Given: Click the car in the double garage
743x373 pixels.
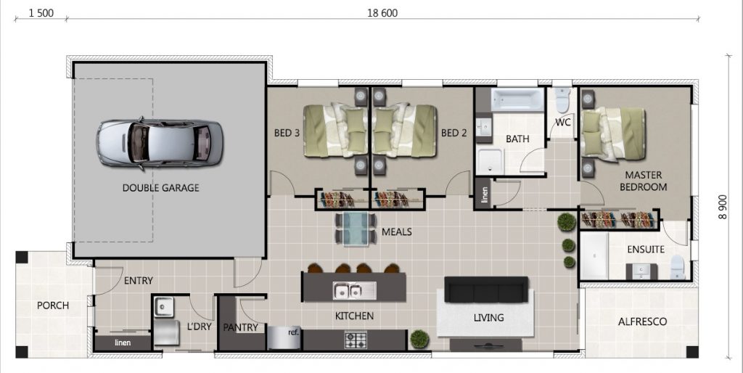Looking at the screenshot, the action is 160,144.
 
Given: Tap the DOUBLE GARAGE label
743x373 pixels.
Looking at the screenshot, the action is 160,188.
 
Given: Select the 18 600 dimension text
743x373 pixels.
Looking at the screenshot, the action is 382,13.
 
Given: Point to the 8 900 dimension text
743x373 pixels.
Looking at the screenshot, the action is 722,207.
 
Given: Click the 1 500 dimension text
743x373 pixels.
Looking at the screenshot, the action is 41,13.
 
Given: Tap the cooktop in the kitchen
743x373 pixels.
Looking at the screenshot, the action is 356,340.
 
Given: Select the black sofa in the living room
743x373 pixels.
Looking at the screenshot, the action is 486,290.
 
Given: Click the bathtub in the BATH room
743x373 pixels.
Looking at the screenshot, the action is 518,99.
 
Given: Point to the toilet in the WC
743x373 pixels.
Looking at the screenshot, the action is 562,99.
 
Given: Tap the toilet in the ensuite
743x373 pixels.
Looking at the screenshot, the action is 678,267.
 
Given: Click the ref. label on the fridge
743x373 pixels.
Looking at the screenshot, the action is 293,332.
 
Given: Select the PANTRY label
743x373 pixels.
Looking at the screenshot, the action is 240,327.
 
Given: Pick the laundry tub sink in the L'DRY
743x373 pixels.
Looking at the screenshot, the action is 163,306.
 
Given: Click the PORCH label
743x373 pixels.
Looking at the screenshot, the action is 52,306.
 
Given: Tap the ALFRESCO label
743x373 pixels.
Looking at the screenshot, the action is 642,321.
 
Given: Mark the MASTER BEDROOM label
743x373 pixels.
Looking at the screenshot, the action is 643,181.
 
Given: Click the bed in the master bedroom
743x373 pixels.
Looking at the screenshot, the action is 613,134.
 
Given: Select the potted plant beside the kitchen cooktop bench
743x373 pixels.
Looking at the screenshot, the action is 419,339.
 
